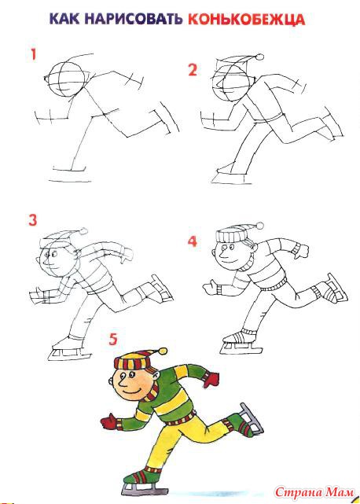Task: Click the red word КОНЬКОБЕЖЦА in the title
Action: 247,20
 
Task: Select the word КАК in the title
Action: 65,20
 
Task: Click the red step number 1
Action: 34,55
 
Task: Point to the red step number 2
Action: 193,70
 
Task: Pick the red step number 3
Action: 33,220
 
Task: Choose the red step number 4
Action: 193,241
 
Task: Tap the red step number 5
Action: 113,339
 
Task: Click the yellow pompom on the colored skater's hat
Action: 163,351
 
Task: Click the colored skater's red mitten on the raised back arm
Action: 211,379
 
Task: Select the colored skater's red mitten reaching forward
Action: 108,421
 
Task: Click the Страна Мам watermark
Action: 314,492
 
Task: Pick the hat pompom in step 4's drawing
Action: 259,226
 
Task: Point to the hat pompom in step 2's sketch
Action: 259,57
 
